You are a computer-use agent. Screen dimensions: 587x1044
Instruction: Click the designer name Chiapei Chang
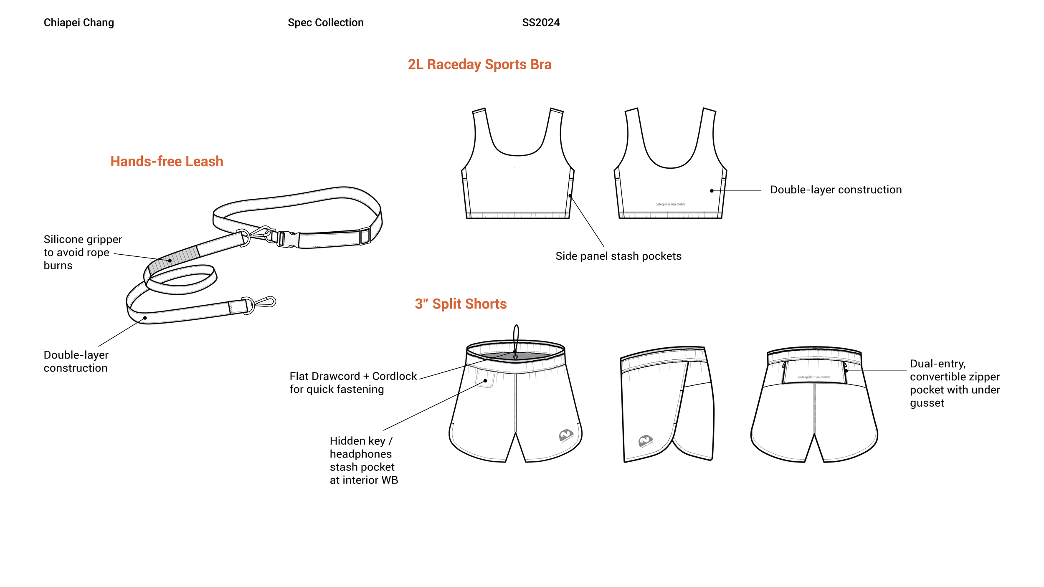tap(79, 23)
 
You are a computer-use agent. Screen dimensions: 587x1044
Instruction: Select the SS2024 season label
tap(540, 23)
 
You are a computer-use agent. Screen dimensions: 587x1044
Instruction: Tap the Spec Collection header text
tap(325, 23)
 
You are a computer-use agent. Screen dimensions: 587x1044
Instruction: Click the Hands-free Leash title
tap(167, 161)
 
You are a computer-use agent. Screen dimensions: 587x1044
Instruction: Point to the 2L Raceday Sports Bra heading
tap(479, 64)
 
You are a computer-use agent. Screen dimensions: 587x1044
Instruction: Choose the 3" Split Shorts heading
tap(461, 304)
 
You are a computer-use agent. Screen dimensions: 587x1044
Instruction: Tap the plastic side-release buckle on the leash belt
tap(287, 239)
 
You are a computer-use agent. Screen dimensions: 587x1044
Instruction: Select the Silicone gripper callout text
tap(82, 252)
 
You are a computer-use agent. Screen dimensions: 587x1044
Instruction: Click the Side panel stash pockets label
tap(618, 256)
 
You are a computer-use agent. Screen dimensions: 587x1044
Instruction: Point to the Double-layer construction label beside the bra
tap(836, 190)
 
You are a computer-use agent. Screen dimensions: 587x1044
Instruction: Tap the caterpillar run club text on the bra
tap(670, 204)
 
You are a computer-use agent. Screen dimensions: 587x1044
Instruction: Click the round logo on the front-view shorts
tap(566, 435)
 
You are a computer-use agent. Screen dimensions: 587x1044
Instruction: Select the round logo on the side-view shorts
tap(645, 440)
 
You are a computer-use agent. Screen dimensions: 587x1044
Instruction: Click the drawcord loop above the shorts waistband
tap(516, 336)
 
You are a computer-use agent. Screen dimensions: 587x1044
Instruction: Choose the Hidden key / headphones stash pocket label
tap(363, 460)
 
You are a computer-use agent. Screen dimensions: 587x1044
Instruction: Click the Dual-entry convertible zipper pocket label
tap(955, 383)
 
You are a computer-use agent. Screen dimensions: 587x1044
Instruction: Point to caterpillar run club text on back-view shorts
tap(813, 377)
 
